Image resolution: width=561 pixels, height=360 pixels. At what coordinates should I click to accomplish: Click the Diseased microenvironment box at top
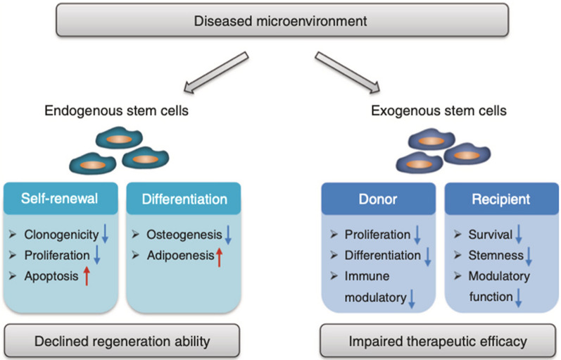pyautogui.click(x=281, y=19)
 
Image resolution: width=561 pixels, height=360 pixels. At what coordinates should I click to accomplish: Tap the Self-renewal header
pyautogui.click(x=63, y=199)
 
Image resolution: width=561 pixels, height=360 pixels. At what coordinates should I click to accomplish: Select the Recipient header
pyautogui.click(x=492, y=199)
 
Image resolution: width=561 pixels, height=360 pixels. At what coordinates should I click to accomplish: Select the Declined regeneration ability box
pyautogui.click(x=120, y=343)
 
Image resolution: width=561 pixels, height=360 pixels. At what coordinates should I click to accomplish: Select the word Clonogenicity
pyautogui.click(x=62, y=234)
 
